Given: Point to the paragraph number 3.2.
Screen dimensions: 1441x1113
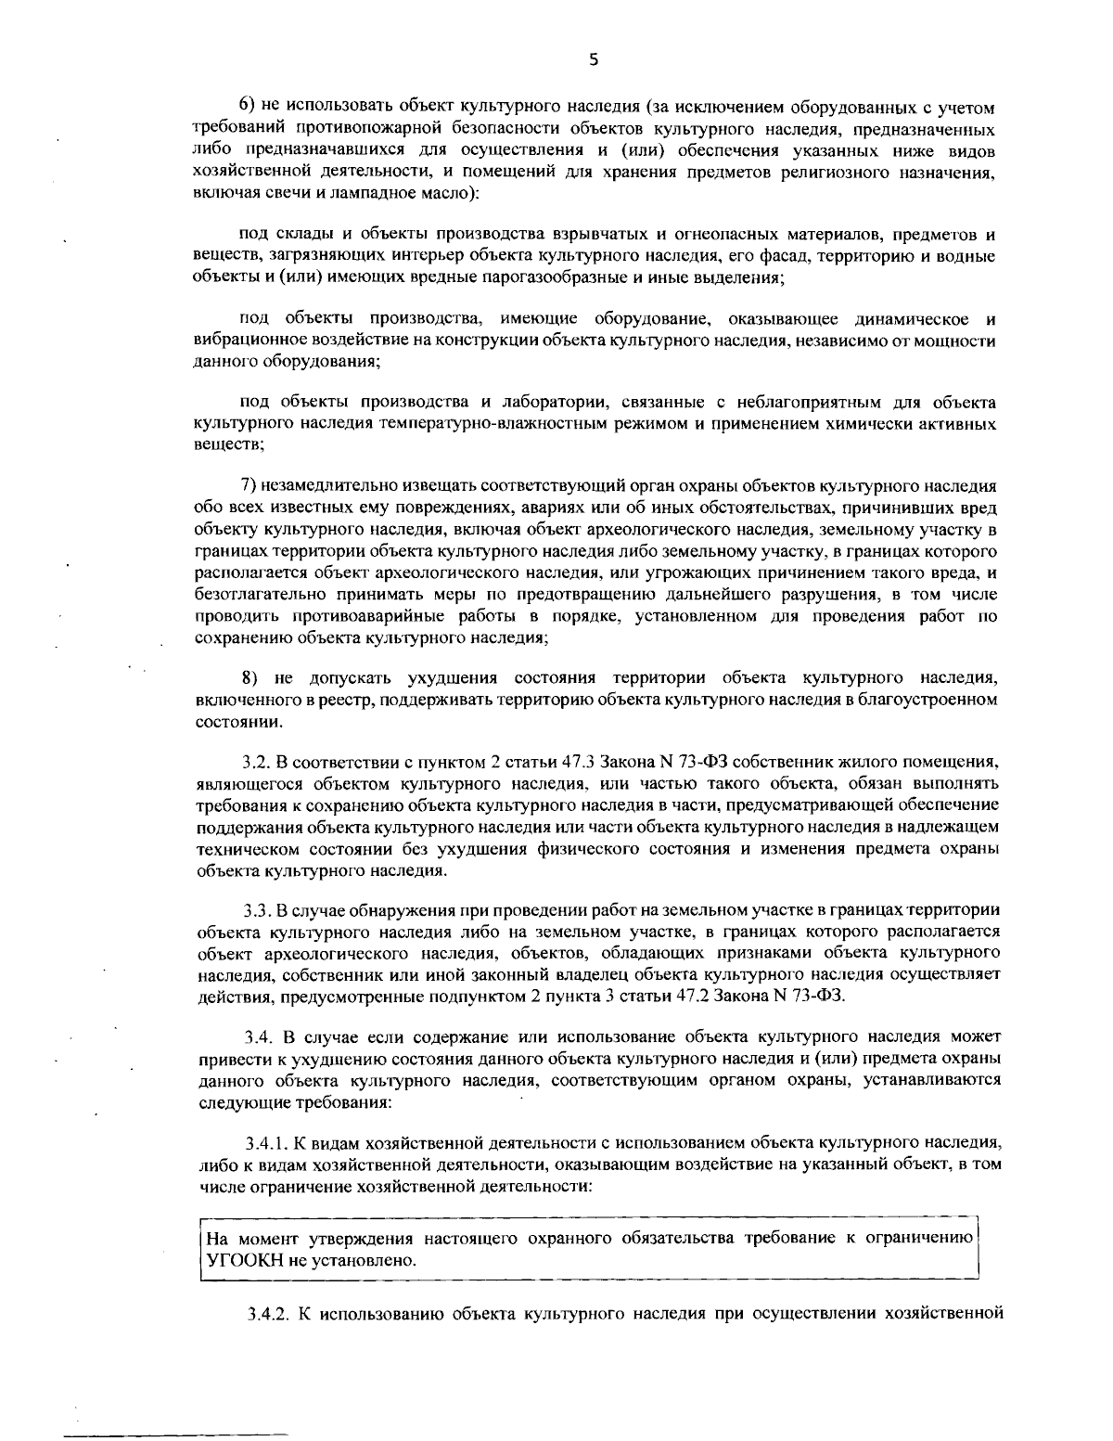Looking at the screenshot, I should [255, 763].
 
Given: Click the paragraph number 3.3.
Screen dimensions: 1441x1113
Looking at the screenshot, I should [255, 910].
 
